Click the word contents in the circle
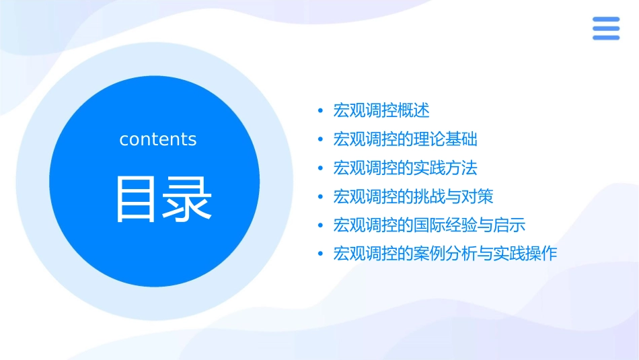[x=158, y=139]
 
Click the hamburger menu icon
[x=605, y=28]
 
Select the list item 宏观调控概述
[x=381, y=110]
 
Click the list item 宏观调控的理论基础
[x=405, y=139]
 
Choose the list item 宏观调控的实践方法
[x=405, y=168]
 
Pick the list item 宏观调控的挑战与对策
[x=413, y=196]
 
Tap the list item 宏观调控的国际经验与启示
[x=429, y=225]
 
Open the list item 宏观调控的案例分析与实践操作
[x=445, y=254]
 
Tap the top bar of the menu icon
[x=605, y=20]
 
